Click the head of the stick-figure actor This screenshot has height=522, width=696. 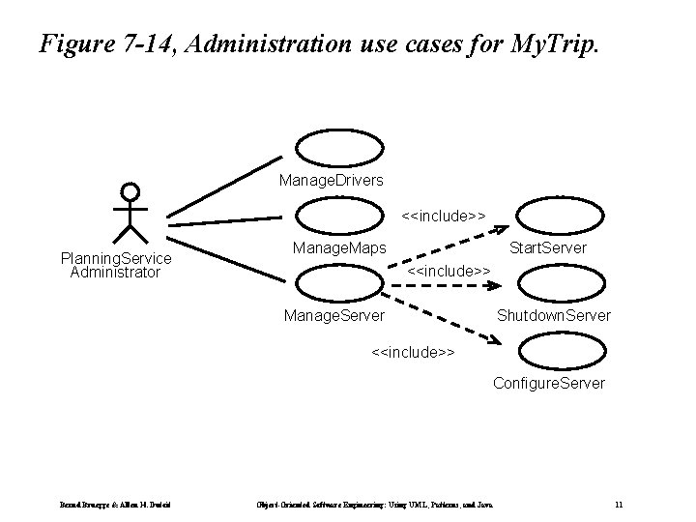coord(130,191)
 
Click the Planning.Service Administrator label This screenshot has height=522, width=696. coord(115,265)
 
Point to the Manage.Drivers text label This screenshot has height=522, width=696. coord(331,180)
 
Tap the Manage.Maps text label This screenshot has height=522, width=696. coord(339,249)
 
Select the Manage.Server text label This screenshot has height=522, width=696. coord(333,315)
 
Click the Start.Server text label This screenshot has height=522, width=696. coord(547,249)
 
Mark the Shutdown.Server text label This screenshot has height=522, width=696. coord(553,315)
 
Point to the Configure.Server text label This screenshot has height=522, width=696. coord(549,383)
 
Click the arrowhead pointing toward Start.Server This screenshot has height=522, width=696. coord(503,228)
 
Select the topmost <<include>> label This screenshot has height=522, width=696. coord(444,213)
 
